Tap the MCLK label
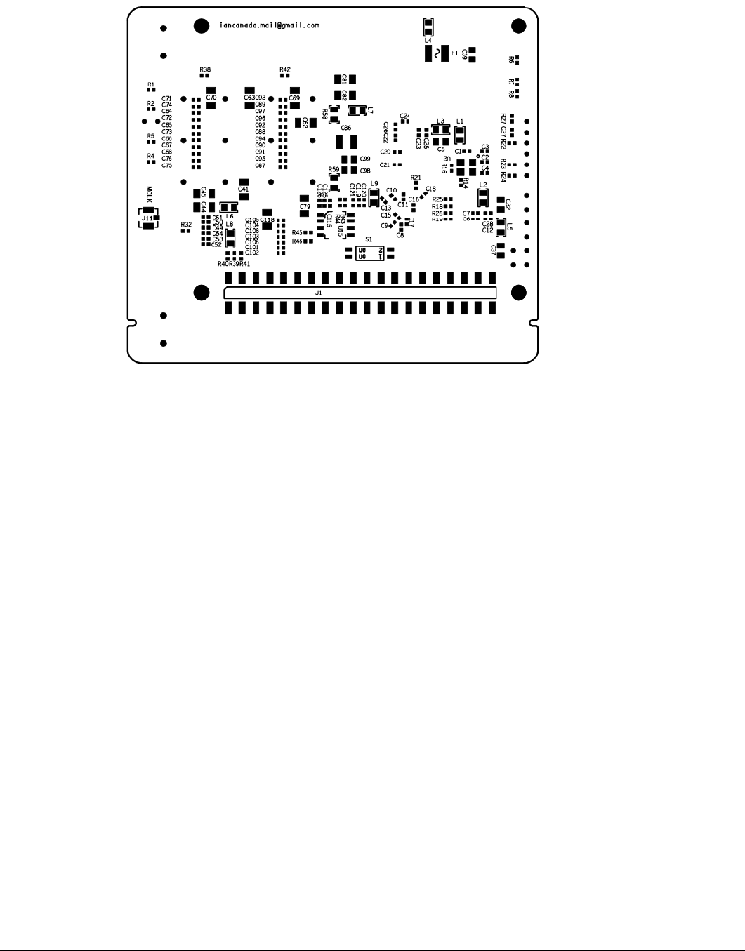tap(149, 193)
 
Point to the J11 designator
tap(147, 218)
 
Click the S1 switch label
tap(369, 239)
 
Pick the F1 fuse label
tap(454, 53)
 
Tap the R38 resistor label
tap(205, 69)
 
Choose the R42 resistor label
tap(285, 69)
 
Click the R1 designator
tap(150, 84)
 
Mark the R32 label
tap(186, 224)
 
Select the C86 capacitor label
tap(345, 128)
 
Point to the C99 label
tap(365, 159)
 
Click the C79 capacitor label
tap(304, 207)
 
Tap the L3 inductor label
tap(440, 121)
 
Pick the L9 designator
tap(374, 183)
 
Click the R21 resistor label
tap(415, 178)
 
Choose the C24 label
tap(405, 116)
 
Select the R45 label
tap(297, 232)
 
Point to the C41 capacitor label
tap(244, 189)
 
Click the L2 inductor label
tap(482, 185)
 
